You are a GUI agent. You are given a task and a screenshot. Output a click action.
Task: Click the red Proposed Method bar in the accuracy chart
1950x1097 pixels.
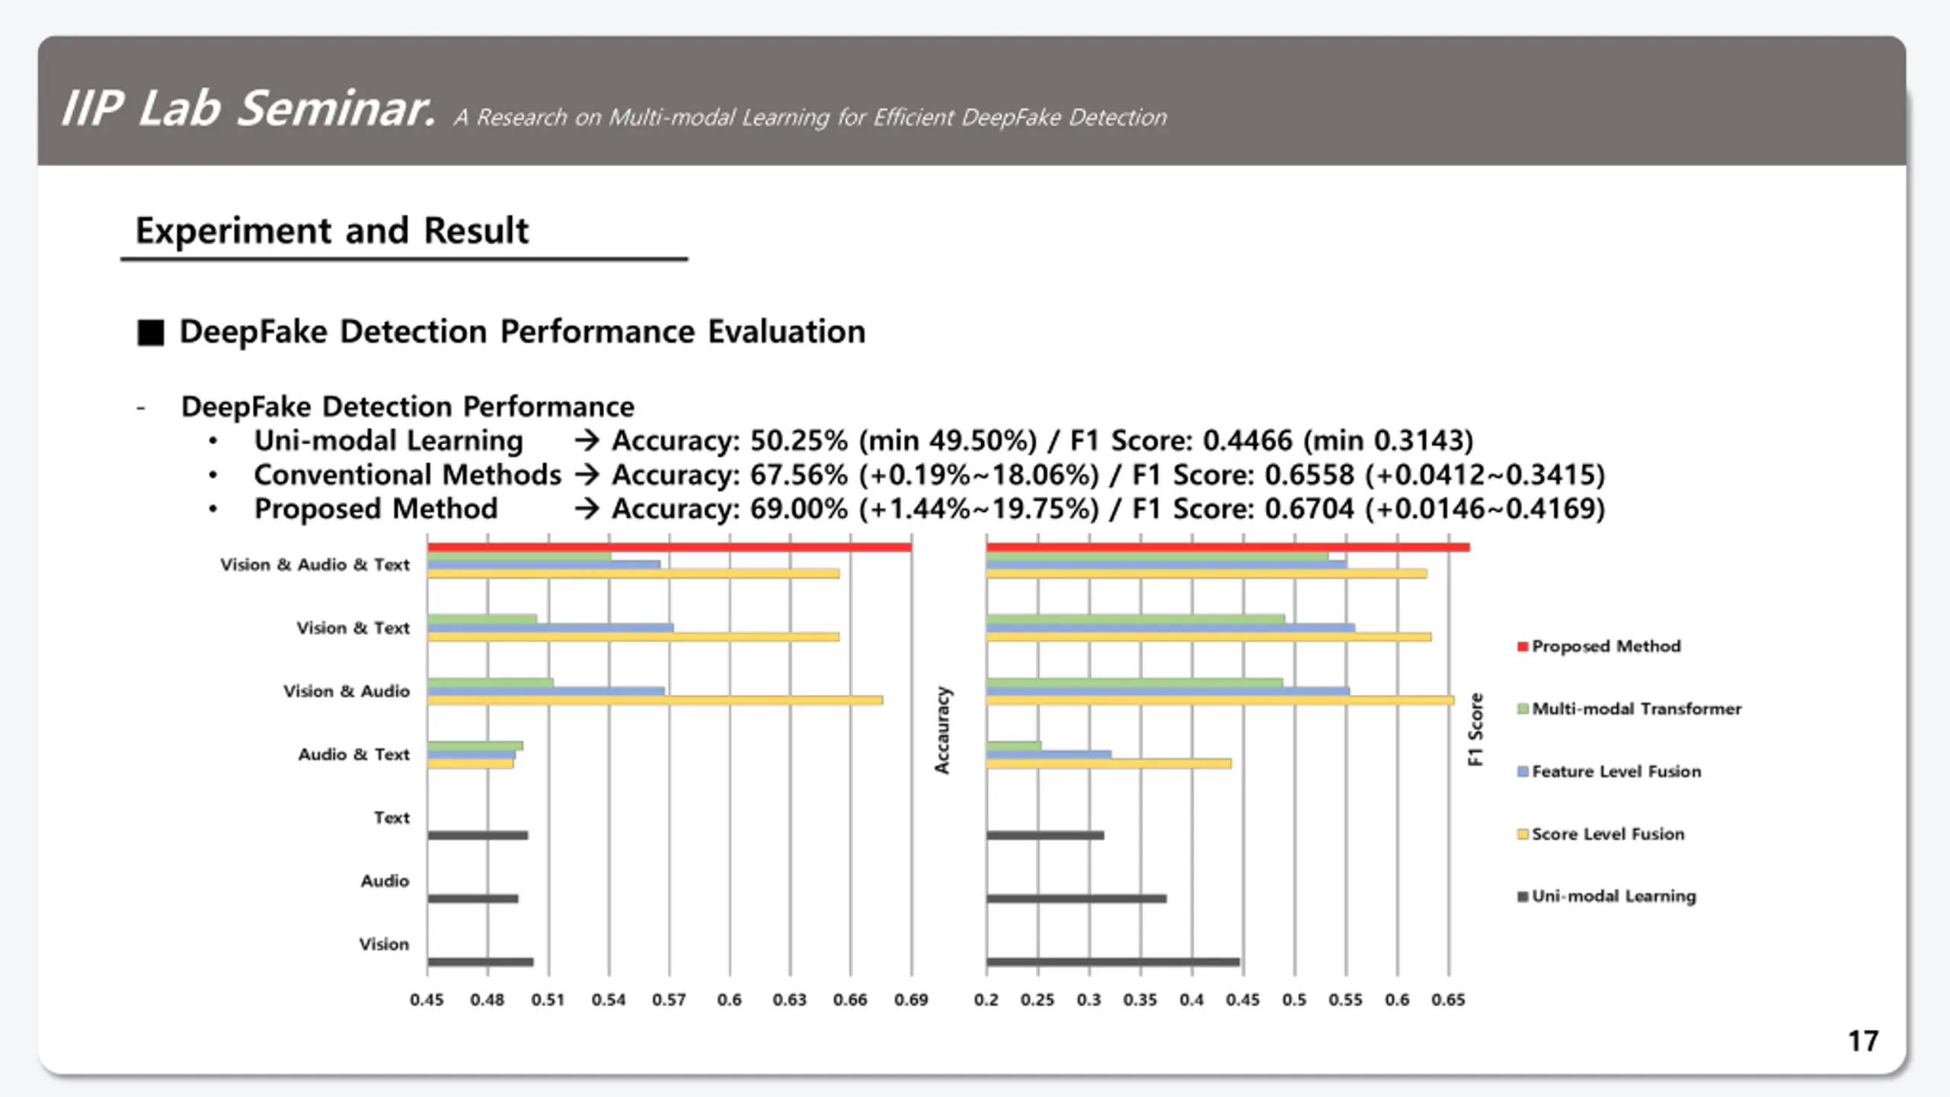[x=670, y=547]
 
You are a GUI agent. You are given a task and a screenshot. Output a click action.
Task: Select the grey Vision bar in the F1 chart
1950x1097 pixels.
[x=1113, y=962]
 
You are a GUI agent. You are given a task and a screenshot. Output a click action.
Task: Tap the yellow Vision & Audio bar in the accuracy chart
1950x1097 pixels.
[x=655, y=700]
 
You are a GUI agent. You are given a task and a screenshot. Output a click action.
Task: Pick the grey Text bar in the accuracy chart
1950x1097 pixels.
[x=478, y=836]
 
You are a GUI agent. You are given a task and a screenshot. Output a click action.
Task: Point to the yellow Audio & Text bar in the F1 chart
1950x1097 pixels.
[x=1108, y=763]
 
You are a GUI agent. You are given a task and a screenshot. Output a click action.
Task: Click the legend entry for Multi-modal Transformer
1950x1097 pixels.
[x=1629, y=709]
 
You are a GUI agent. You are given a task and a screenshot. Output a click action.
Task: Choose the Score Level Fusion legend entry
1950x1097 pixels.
[x=1600, y=834]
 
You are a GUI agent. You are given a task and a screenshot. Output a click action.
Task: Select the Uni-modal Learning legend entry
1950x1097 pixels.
[x=1606, y=897]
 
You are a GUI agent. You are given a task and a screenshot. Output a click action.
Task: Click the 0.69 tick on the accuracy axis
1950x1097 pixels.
[x=911, y=1000]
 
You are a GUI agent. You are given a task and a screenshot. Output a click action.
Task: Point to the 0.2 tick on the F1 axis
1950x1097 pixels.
[x=986, y=1000]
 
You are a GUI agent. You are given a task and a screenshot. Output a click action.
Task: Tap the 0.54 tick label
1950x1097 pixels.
[x=609, y=1000]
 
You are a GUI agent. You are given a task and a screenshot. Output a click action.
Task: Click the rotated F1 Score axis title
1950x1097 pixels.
[x=1475, y=729]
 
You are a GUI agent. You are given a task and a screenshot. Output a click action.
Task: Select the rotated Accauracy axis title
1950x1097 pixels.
[x=942, y=731]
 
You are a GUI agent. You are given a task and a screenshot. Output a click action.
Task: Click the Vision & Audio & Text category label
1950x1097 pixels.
[x=315, y=565]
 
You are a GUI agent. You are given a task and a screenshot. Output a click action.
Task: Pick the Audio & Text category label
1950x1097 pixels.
[x=353, y=755]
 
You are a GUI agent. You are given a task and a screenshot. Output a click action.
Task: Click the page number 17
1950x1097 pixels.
[x=1863, y=1041]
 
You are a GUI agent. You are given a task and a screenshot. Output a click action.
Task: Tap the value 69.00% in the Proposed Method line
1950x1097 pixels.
[x=799, y=509]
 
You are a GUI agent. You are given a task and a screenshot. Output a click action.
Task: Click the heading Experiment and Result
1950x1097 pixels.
[x=331, y=231]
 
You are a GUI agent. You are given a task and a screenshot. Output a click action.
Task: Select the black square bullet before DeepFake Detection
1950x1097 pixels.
[x=150, y=333]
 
